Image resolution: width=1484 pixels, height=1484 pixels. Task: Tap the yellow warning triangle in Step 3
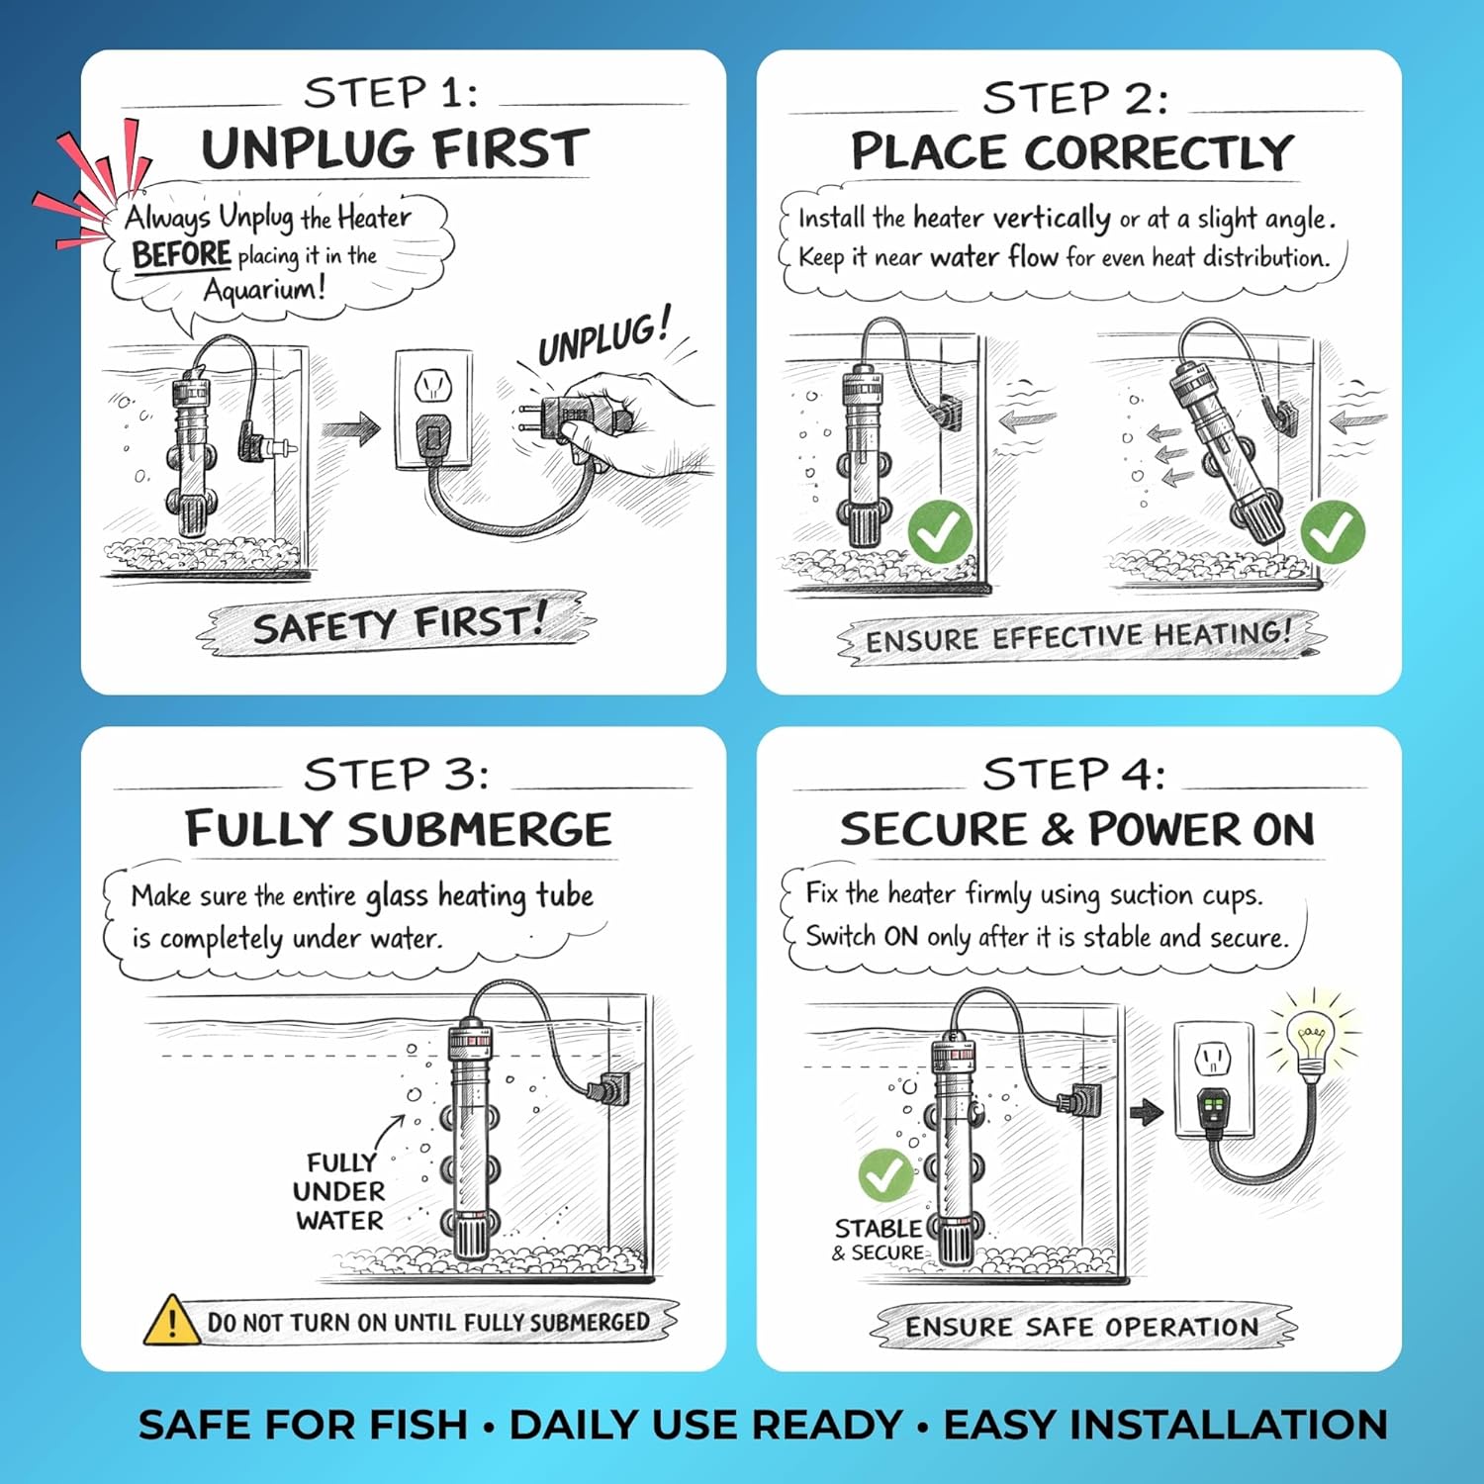tap(172, 1321)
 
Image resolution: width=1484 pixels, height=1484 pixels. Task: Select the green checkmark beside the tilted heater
tap(1333, 531)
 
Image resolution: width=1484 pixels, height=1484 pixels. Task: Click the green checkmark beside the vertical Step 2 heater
tap(940, 531)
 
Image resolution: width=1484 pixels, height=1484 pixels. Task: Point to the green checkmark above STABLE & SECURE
tap(885, 1174)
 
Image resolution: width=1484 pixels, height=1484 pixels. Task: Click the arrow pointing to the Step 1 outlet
tap(351, 429)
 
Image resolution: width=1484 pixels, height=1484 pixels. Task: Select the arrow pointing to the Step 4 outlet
tap(1147, 1112)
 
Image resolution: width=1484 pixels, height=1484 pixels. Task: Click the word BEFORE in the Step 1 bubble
tap(182, 254)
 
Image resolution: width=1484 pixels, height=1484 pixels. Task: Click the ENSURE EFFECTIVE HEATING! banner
tap(1079, 636)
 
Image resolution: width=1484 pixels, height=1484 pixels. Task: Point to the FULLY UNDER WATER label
tap(339, 1191)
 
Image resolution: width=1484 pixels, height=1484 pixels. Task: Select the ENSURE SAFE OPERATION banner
tap(1082, 1327)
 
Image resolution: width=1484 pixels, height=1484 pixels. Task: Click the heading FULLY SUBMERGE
tap(399, 829)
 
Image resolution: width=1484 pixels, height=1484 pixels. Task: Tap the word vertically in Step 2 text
tap(1052, 218)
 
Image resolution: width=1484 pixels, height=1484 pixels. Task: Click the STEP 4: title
tap(1073, 775)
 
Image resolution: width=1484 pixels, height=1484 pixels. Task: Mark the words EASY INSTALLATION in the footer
tap(1165, 1425)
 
